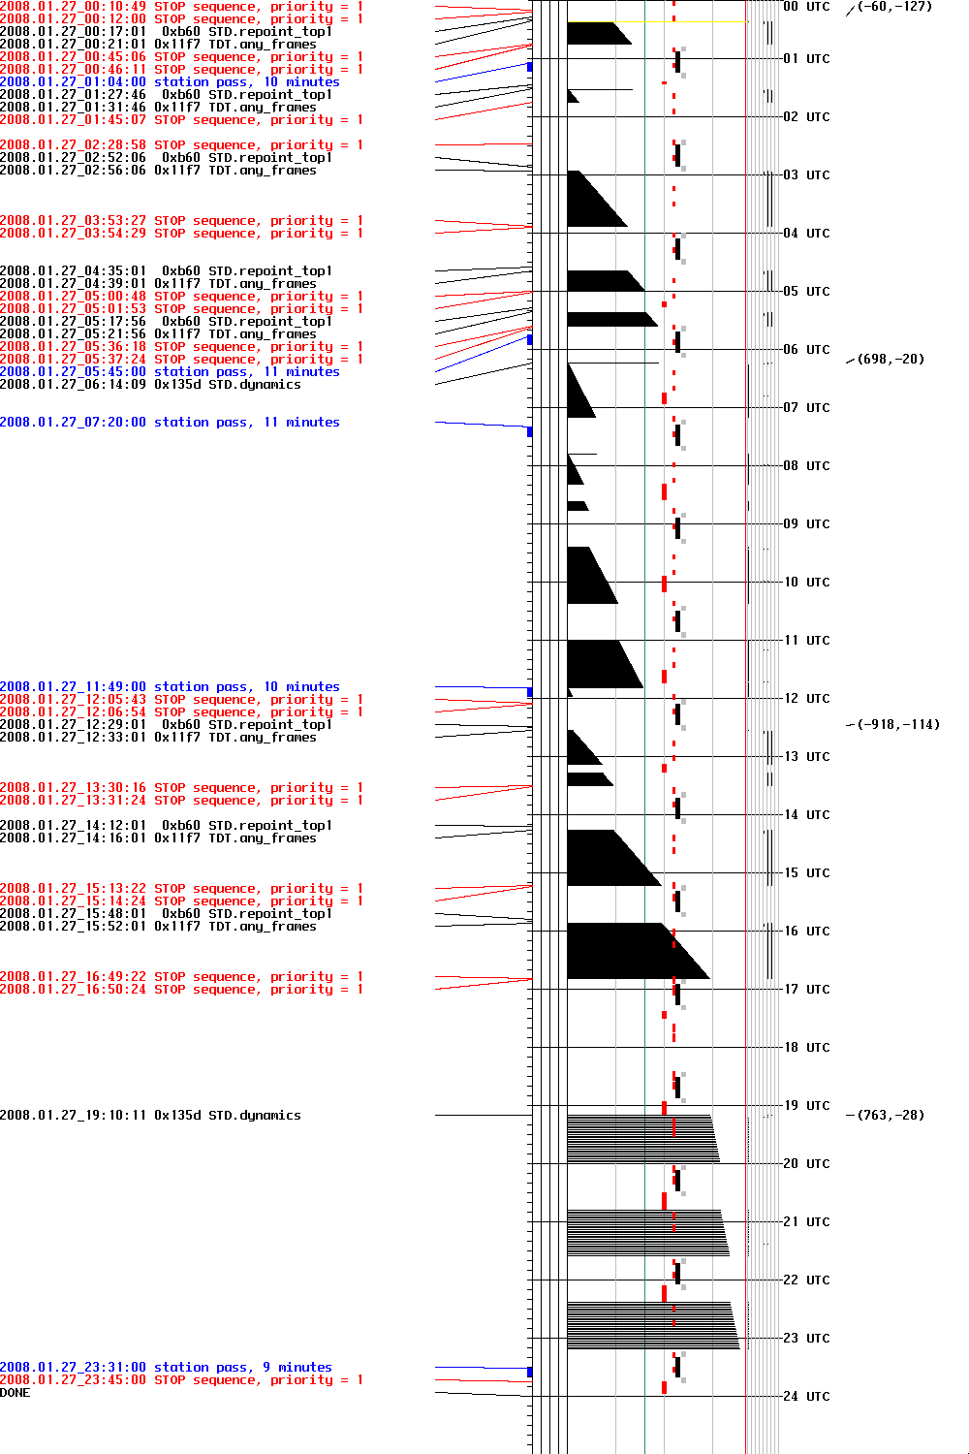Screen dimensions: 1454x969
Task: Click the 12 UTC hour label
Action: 806,698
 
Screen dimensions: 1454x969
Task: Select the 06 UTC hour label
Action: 806,349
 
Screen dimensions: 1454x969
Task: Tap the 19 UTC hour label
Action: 806,1105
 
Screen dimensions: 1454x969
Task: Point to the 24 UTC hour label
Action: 806,1396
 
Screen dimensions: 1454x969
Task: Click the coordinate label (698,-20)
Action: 891,359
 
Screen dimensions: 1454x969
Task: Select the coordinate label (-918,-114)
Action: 898,724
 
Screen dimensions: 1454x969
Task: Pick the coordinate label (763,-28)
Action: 891,1115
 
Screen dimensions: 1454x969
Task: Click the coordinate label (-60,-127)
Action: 894,7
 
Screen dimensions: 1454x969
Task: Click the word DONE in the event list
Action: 16,1393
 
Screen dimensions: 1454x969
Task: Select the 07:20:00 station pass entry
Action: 170,423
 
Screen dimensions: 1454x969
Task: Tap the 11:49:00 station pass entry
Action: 170,687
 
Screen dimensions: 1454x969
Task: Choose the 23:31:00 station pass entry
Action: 166,1368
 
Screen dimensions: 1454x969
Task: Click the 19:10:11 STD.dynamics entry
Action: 150,1116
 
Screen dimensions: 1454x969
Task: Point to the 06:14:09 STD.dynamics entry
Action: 150,385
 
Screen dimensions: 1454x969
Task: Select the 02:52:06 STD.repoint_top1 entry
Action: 166,158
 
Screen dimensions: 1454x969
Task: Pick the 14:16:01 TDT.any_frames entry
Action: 158,838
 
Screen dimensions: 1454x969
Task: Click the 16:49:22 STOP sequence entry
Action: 181,977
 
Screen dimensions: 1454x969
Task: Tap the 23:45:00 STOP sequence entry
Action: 181,1380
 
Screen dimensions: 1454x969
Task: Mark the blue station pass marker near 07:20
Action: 529,431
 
